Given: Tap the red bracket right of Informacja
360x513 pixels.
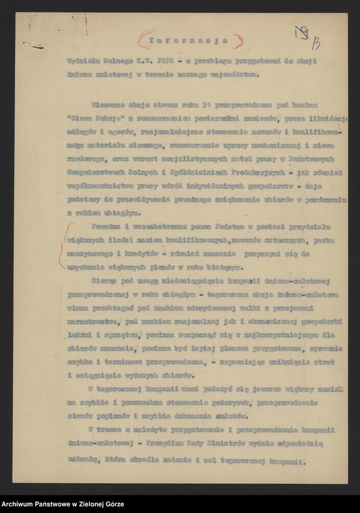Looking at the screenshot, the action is click(239, 41).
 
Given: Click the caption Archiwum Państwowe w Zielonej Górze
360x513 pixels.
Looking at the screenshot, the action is click(63, 504).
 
